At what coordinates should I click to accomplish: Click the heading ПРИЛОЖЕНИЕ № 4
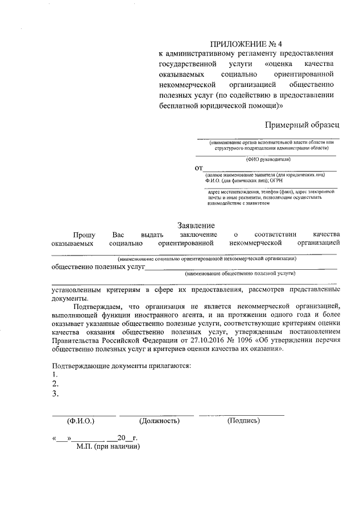point(246,44)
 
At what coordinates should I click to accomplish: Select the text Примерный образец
point(302,124)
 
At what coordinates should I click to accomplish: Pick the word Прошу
point(84,235)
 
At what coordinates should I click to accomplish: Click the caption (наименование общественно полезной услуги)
point(240,273)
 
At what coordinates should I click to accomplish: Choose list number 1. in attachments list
point(55,375)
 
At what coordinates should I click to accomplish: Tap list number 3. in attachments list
point(55,393)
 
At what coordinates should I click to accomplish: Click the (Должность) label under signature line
point(159,421)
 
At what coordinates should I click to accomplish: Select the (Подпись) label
point(243,421)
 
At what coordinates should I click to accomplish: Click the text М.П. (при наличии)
point(108,446)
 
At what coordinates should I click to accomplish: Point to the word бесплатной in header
point(185,106)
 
